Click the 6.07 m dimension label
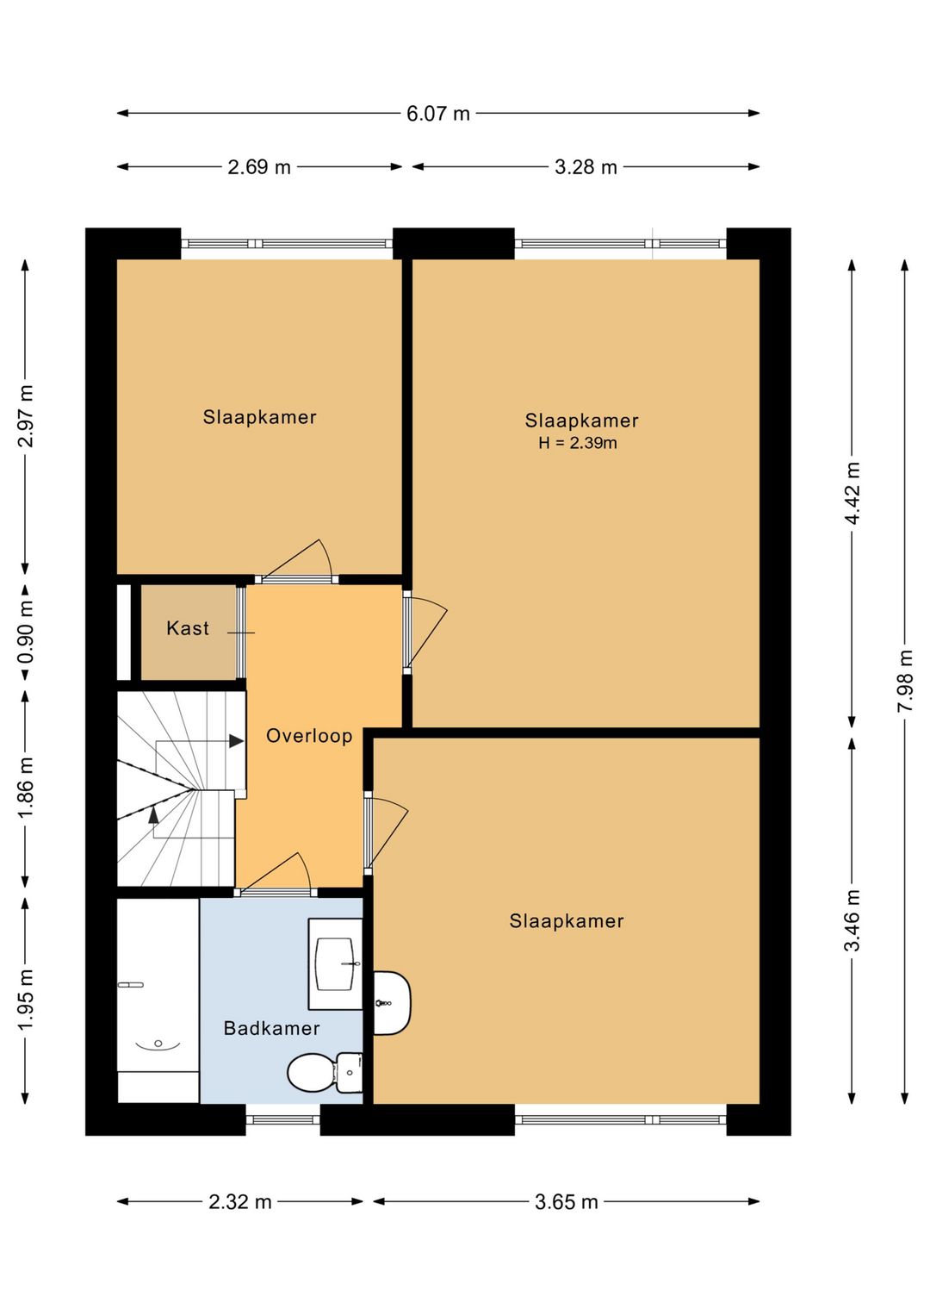pyautogui.click(x=438, y=113)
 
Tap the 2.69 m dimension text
pyautogui.click(x=258, y=167)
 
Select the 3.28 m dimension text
pyautogui.click(x=586, y=167)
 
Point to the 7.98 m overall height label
pyautogui.click(x=905, y=681)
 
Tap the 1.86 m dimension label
pyautogui.click(x=25, y=788)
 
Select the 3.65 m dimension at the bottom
pyautogui.click(x=567, y=1202)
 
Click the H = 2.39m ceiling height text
pyautogui.click(x=577, y=443)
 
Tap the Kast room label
pyautogui.click(x=188, y=628)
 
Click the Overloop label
pyautogui.click(x=309, y=736)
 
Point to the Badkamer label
pyautogui.click(x=271, y=1028)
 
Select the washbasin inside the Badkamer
pyautogui.click(x=336, y=964)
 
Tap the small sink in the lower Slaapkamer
pyautogui.click(x=392, y=1003)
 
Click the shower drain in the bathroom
pyautogui.click(x=158, y=1044)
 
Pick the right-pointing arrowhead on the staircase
pyautogui.click(x=237, y=741)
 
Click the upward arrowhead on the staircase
pyautogui.click(x=154, y=813)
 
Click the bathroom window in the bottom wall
pyautogui.click(x=282, y=1119)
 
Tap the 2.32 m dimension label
pyautogui.click(x=240, y=1202)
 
